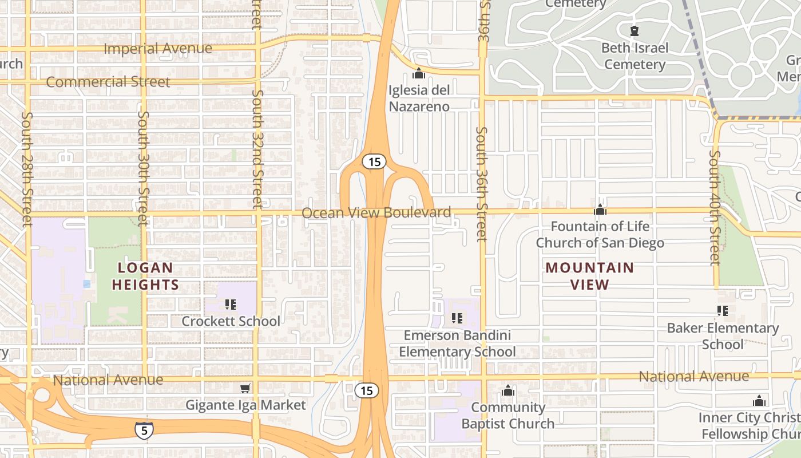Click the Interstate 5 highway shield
pos(144,429)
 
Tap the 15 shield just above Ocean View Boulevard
pos(374,162)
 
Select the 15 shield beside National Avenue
pos(366,390)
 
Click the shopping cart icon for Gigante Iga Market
pos(245,389)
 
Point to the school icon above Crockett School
pos(231,305)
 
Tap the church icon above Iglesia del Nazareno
pos(419,73)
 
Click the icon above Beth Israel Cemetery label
pos(634,30)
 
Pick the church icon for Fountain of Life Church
pos(600,210)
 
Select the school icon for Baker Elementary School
pos(723,311)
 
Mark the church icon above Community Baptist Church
pos(507,391)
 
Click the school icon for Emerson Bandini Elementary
pos(457,318)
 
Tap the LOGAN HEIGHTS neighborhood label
pos(145,276)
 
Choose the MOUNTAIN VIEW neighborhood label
pos(589,276)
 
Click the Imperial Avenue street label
pos(157,49)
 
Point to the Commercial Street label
pos(108,82)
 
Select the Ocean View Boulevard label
pos(376,212)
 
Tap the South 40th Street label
pos(714,207)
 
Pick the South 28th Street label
pos(26,168)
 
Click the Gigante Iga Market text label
pos(245,405)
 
